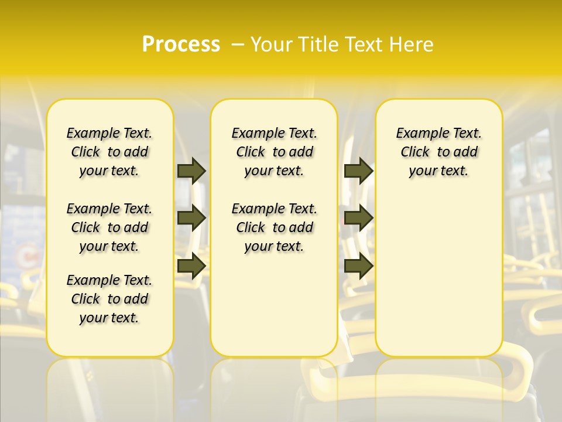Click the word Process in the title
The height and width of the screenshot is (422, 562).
(x=181, y=45)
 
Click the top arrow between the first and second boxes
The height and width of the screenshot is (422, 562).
(x=191, y=171)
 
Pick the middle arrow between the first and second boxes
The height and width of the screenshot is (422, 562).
(x=191, y=218)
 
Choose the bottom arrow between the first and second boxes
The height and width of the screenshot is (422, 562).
(x=191, y=266)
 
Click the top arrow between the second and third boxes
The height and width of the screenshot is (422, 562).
(x=358, y=171)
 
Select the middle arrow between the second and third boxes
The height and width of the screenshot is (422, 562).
(x=358, y=218)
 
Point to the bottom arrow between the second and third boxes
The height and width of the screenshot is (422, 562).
(x=358, y=266)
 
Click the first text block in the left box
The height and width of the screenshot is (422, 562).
(x=109, y=152)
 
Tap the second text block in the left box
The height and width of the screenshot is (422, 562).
(x=109, y=227)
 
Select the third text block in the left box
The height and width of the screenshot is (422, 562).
(x=109, y=299)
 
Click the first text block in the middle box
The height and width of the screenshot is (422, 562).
(x=275, y=152)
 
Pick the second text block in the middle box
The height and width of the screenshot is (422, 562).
(x=275, y=227)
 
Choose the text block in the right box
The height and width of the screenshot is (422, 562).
(x=439, y=152)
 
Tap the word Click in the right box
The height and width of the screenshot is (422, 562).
(x=415, y=152)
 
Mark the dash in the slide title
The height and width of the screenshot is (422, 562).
(x=238, y=45)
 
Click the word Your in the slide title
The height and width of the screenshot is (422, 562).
(x=269, y=45)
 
